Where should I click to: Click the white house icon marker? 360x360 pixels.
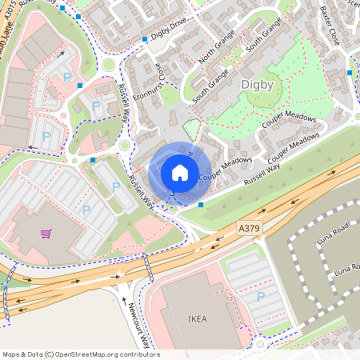pos(179,172)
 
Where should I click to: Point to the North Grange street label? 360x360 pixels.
pos(214,54)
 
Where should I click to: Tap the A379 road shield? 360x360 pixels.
pos(250,229)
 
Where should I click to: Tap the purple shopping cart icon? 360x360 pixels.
pos(46,234)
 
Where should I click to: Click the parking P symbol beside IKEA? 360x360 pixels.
pos(260,296)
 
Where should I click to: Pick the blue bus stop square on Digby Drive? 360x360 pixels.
pos(144,38)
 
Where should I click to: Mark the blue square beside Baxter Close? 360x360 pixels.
pos(350,73)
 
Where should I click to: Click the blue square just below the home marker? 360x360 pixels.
pos(200,206)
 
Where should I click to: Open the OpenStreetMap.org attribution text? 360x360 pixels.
pos(80,354)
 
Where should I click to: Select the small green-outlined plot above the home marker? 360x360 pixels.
pos(190,129)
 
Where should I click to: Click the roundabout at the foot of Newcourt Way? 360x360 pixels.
pos(260,345)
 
